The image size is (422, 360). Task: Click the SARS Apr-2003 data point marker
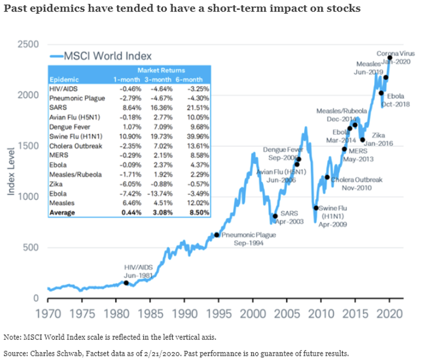[x=275, y=216]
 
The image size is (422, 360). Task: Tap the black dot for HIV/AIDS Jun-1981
[x=126, y=283]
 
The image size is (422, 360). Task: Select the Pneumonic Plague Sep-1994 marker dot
[x=216, y=235]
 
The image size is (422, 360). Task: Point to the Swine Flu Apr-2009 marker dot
[x=316, y=208]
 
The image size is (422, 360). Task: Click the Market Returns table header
[x=161, y=70]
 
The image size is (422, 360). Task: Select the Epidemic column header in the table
[x=64, y=80]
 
